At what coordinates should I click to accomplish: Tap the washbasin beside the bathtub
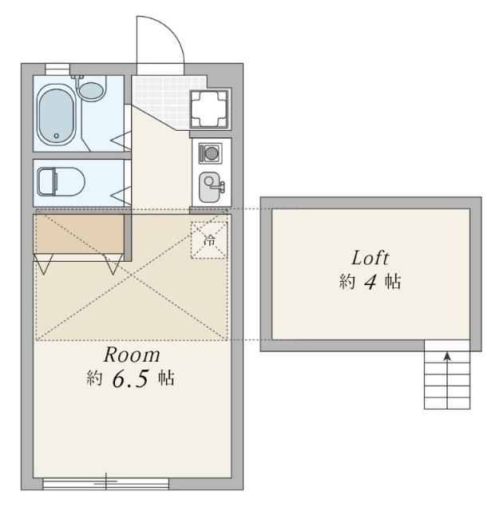pos(92,89)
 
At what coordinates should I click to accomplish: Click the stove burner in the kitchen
pos(212,152)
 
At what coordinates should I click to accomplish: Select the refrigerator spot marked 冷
pos(209,240)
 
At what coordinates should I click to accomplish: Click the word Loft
pos(370,259)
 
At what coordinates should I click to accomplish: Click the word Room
pos(132,354)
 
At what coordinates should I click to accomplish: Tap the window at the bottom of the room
pos(105,481)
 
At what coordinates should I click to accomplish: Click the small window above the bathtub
pos(57,67)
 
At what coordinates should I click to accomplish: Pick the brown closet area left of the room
pos(78,232)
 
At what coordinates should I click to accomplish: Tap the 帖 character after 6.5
pos(165,379)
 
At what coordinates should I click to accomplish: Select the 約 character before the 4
pos(346,283)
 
